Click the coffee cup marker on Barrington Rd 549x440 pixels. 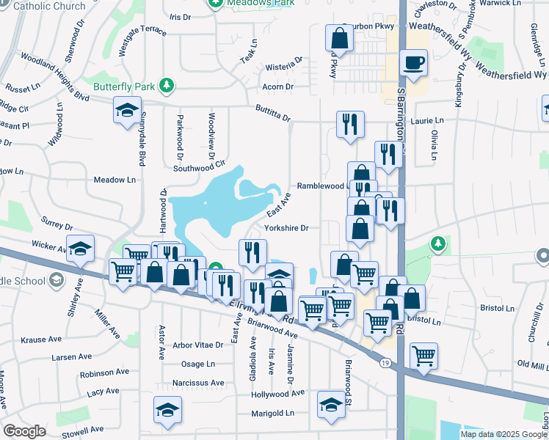click(x=414, y=63)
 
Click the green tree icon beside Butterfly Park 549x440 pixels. click(x=167, y=87)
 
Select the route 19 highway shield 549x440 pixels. click(x=385, y=362)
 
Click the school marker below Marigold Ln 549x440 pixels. click(x=168, y=413)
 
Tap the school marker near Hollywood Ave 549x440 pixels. click(x=331, y=404)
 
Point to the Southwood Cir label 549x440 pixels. click(x=197, y=168)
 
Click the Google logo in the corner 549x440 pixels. click(x=24, y=431)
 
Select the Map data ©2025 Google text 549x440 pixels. click(x=503, y=434)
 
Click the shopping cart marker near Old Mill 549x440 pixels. click(x=423, y=356)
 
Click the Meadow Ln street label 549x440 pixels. click(x=115, y=180)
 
